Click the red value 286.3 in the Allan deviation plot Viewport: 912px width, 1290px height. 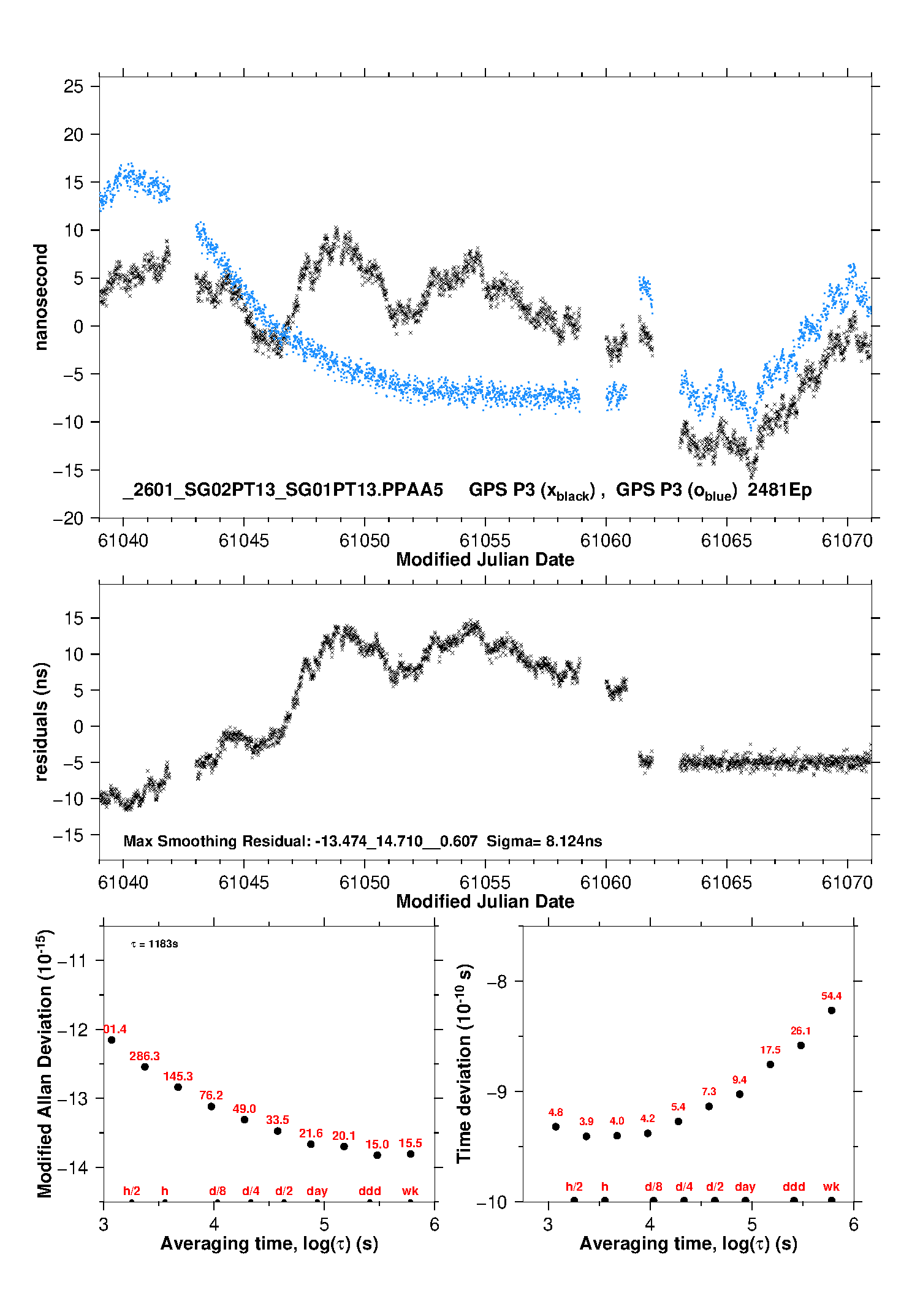145,1056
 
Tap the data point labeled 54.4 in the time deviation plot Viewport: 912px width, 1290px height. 831,1011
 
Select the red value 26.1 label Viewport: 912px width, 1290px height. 800,1031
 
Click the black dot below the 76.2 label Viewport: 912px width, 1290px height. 211,1106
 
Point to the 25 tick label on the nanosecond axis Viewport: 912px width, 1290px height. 74,86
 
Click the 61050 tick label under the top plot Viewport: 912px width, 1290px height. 365,541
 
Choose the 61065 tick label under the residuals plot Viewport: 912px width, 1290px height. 726,882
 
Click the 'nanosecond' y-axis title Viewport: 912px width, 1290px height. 41,297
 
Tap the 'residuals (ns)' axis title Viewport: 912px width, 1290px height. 41,721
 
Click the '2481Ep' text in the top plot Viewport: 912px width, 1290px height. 780,490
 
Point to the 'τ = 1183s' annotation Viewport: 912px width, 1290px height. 154,944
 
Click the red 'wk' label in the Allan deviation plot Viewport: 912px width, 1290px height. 410,1191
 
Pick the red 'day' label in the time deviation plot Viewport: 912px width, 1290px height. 745,1186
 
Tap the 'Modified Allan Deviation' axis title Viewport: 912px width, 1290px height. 45,1063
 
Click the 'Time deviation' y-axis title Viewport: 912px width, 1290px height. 464,1063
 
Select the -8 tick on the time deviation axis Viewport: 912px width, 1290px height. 496,981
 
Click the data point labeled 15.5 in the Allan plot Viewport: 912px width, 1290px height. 411,1154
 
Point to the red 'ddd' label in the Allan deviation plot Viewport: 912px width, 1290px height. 370,1191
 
